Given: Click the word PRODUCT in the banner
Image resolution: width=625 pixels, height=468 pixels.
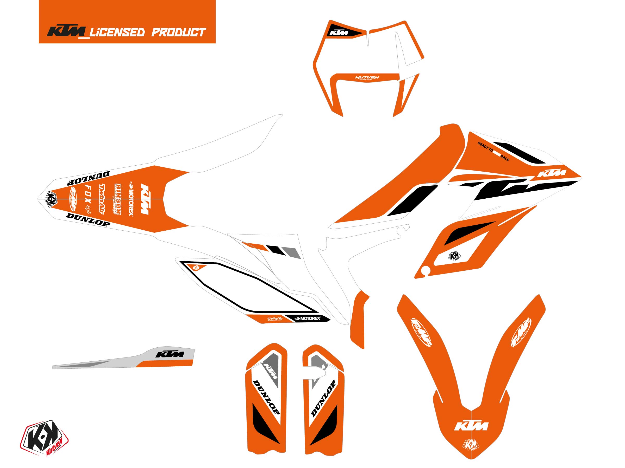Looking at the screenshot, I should tap(179, 32).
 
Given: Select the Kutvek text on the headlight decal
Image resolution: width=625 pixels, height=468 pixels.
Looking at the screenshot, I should tap(367, 77).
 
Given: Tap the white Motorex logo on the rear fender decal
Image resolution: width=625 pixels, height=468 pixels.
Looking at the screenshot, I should tap(131, 199).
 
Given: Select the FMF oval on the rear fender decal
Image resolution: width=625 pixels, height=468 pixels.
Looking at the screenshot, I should tap(72, 199).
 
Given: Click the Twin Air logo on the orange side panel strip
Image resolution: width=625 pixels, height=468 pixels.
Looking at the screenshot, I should tap(275, 319).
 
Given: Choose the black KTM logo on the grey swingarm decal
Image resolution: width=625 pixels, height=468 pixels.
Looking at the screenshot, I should tap(170, 354).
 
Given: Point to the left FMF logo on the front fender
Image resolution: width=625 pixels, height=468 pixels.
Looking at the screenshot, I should tap(421, 332).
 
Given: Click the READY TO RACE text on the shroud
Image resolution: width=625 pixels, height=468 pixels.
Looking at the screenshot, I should tap(493, 152).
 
